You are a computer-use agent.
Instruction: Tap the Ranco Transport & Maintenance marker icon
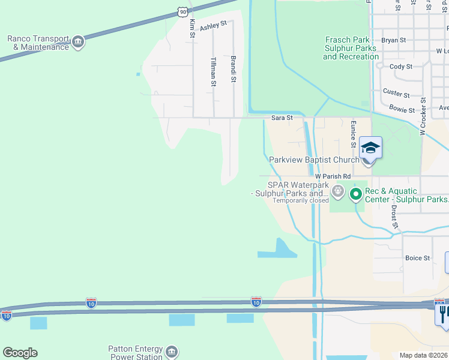click(77, 43)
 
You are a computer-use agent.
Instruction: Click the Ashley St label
click(213, 25)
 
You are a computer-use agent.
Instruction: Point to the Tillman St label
click(214, 72)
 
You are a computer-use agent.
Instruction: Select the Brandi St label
click(234, 69)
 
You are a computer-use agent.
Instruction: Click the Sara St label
click(282, 118)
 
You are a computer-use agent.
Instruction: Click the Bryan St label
click(394, 40)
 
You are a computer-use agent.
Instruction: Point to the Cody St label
click(401, 67)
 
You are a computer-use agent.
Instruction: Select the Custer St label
click(396, 94)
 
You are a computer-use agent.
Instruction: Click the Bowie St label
click(402, 110)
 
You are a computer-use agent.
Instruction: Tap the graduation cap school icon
click(370, 148)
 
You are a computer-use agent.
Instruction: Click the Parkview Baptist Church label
click(314, 160)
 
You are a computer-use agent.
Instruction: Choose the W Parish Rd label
click(332, 176)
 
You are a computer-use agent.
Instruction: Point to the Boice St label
click(418, 258)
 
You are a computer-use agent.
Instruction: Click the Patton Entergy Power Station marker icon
click(172, 351)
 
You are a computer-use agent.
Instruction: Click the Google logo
click(20, 353)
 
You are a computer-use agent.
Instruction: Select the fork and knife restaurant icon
click(444, 312)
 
